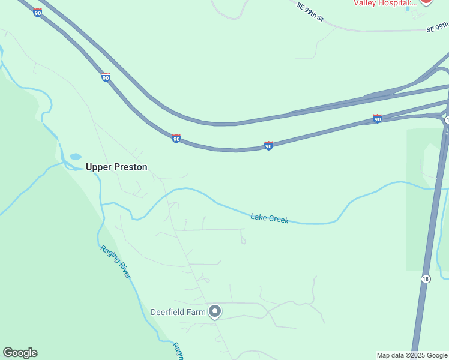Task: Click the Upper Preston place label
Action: (116, 167)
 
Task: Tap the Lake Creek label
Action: (270, 218)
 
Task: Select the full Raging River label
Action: (115, 262)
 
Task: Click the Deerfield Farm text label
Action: (178, 312)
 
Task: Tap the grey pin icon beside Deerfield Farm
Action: (215, 311)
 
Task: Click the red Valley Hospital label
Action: (384, 3)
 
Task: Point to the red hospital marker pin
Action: (426, 2)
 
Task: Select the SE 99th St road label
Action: (310, 12)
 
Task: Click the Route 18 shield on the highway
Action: (425, 278)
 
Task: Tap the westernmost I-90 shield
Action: (37, 13)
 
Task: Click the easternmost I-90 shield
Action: (377, 119)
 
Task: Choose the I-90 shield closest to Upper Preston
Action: (176, 139)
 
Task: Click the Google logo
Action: (20, 353)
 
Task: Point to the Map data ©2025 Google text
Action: (412, 355)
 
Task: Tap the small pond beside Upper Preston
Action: (76, 157)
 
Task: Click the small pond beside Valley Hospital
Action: (408, 8)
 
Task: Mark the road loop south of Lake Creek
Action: (243, 241)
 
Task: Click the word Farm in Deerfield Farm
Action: (195, 312)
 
